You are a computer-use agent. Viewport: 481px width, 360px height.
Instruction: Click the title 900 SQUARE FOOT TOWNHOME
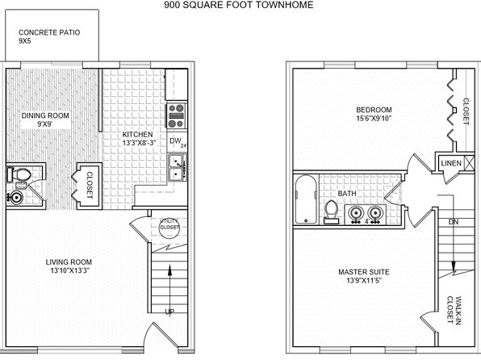click(239, 5)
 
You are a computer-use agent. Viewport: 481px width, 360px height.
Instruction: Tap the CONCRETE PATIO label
click(49, 32)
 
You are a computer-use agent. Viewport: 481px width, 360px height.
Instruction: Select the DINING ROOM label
click(45, 115)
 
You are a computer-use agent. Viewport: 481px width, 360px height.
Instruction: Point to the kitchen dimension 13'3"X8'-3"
click(140, 143)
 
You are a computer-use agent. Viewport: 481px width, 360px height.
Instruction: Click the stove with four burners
click(177, 115)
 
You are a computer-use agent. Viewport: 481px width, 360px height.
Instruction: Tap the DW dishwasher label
click(175, 141)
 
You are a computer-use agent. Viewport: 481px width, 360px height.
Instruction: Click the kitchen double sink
click(178, 167)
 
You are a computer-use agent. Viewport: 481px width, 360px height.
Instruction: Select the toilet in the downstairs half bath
click(19, 175)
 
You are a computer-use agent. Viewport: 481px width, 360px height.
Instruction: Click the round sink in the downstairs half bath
click(15, 197)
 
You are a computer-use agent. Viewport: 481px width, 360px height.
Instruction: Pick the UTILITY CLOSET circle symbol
click(169, 228)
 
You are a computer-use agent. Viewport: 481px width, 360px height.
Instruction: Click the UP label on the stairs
click(169, 312)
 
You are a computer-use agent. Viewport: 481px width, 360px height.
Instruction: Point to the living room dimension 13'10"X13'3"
click(70, 270)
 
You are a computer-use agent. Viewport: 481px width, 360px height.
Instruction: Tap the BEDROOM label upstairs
click(374, 110)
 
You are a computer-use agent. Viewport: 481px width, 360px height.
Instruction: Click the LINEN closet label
click(451, 163)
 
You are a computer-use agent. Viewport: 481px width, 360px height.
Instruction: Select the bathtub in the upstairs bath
click(306, 199)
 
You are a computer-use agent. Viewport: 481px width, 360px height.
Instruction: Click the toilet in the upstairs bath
click(332, 212)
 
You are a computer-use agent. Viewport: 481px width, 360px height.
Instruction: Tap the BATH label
click(347, 194)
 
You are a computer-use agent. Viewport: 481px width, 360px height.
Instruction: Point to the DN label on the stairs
click(454, 222)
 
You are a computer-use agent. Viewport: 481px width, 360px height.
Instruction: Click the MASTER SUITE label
click(364, 272)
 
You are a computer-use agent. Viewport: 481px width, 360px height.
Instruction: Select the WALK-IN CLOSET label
click(454, 310)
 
